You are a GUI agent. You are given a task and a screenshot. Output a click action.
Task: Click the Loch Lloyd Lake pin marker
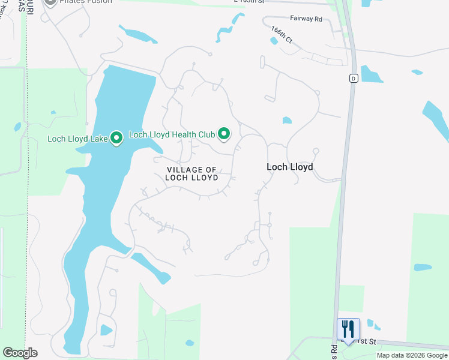point(116,139)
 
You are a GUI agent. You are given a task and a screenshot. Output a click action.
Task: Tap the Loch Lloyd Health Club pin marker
point(224,133)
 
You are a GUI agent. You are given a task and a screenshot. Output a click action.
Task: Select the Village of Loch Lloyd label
point(191,174)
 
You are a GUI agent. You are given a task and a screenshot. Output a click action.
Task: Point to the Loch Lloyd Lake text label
point(77,139)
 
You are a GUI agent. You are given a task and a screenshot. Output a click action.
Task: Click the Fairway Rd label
point(306,19)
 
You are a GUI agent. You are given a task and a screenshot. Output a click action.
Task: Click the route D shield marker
point(354,79)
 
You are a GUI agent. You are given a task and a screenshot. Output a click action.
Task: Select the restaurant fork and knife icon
point(348,329)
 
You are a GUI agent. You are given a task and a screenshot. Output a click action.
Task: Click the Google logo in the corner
point(20,353)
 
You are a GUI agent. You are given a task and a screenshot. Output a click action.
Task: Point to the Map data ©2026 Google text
point(411,355)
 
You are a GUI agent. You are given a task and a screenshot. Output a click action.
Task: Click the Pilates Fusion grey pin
point(50,2)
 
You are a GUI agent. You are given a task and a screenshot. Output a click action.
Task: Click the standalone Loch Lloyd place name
point(289,167)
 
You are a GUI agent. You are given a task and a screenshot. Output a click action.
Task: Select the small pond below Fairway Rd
point(274,41)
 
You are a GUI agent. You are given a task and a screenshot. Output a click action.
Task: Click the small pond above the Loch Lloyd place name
point(287,121)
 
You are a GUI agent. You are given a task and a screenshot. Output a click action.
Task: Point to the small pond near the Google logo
point(106,330)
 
